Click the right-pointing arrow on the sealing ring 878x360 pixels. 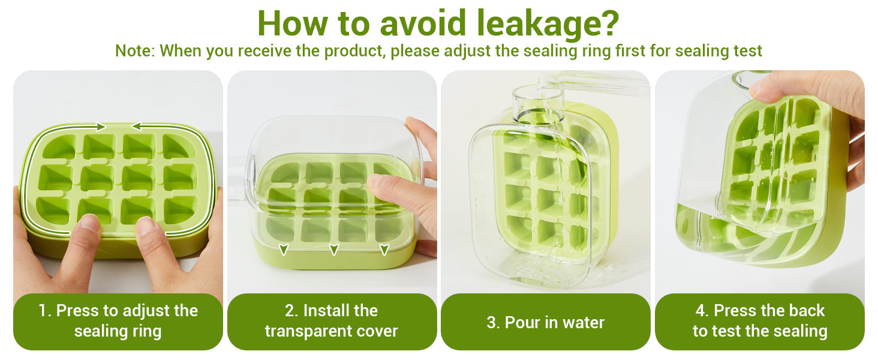[100, 126]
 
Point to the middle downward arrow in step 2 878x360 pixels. [334, 250]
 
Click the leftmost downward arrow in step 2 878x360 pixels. [284, 250]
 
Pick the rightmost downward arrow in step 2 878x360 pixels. [384, 250]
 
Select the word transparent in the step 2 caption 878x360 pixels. [306, 331]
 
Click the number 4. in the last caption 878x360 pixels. [702, 311]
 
